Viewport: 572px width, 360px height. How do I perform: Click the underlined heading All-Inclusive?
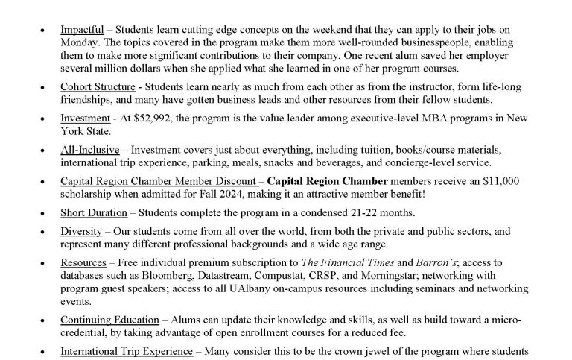[x=89, y=149]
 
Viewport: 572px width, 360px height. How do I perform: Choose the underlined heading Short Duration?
[x=94, y=212]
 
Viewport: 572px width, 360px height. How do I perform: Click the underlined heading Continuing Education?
[x=109, y=318]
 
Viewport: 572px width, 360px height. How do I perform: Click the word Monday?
[x=79, y=43]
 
